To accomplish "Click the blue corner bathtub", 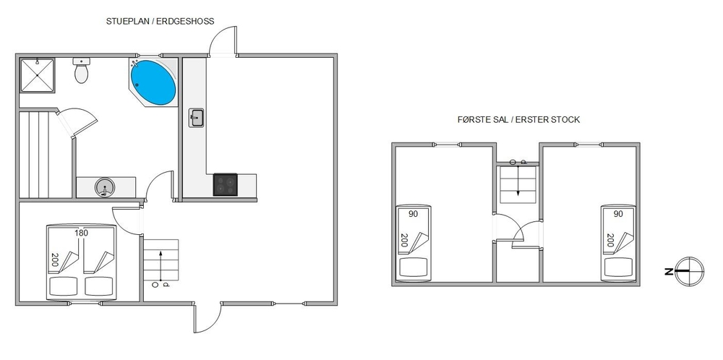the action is pyautogui.click(x=153, y=82).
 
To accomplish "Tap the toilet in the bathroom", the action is pyautogui.click(x=81, y=71).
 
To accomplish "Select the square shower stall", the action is pyautogui.click(x=38, y=75).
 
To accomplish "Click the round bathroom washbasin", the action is pyautogui.click(x=105, y=188).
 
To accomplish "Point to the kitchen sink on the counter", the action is pyautogui.click(x=197, y=118).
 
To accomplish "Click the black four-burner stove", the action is pyautogui.click(x=225, y=184).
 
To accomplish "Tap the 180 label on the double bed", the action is pyautogui.click(x=81, y=233).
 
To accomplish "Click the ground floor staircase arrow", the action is pyautogui.click(x=161, y=265).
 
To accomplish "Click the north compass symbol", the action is pyautogui.click(x=689, y=272).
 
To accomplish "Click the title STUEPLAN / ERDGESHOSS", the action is pyautogui.click(x=160, y=21).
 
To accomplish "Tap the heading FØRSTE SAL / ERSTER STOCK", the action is pyautogui.click(x=518, y=120).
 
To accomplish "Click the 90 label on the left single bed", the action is pyautogui.click(x=414, y=214).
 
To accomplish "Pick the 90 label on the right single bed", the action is pyautogui.click(x=618, y=214).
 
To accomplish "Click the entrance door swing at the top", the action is pyautogui.click(x=223, y=41).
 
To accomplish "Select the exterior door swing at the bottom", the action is pyautogui.click(x=208, y=317).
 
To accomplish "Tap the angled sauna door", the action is pyautogui.click(x=77, y=121).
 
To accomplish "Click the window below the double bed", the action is pyautogui.click(x=85, y=304).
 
